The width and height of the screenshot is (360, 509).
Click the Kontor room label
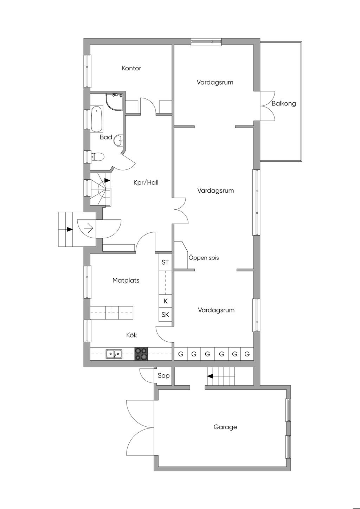point(131,68)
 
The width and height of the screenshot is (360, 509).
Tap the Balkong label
point(283,103)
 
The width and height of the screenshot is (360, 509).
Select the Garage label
point(225,427)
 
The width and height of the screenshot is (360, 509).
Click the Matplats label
point(126,280)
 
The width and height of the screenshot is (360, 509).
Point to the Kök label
point(131,335)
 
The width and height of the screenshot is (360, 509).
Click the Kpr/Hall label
point(146,182)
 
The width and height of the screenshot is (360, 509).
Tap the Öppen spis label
point(204,258)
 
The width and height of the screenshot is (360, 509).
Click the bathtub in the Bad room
point(97,120)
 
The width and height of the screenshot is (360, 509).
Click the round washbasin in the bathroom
point(118,140)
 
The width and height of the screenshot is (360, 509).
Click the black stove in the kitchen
point(141,354)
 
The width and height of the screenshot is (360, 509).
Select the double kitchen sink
point(114,354)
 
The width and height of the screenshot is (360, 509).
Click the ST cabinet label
point(165,262)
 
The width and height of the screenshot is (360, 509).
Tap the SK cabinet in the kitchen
point(165,315)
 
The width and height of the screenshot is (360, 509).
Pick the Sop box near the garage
point(163,375)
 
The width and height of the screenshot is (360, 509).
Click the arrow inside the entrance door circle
point(88,229)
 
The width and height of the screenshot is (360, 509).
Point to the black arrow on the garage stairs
point(210,376)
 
